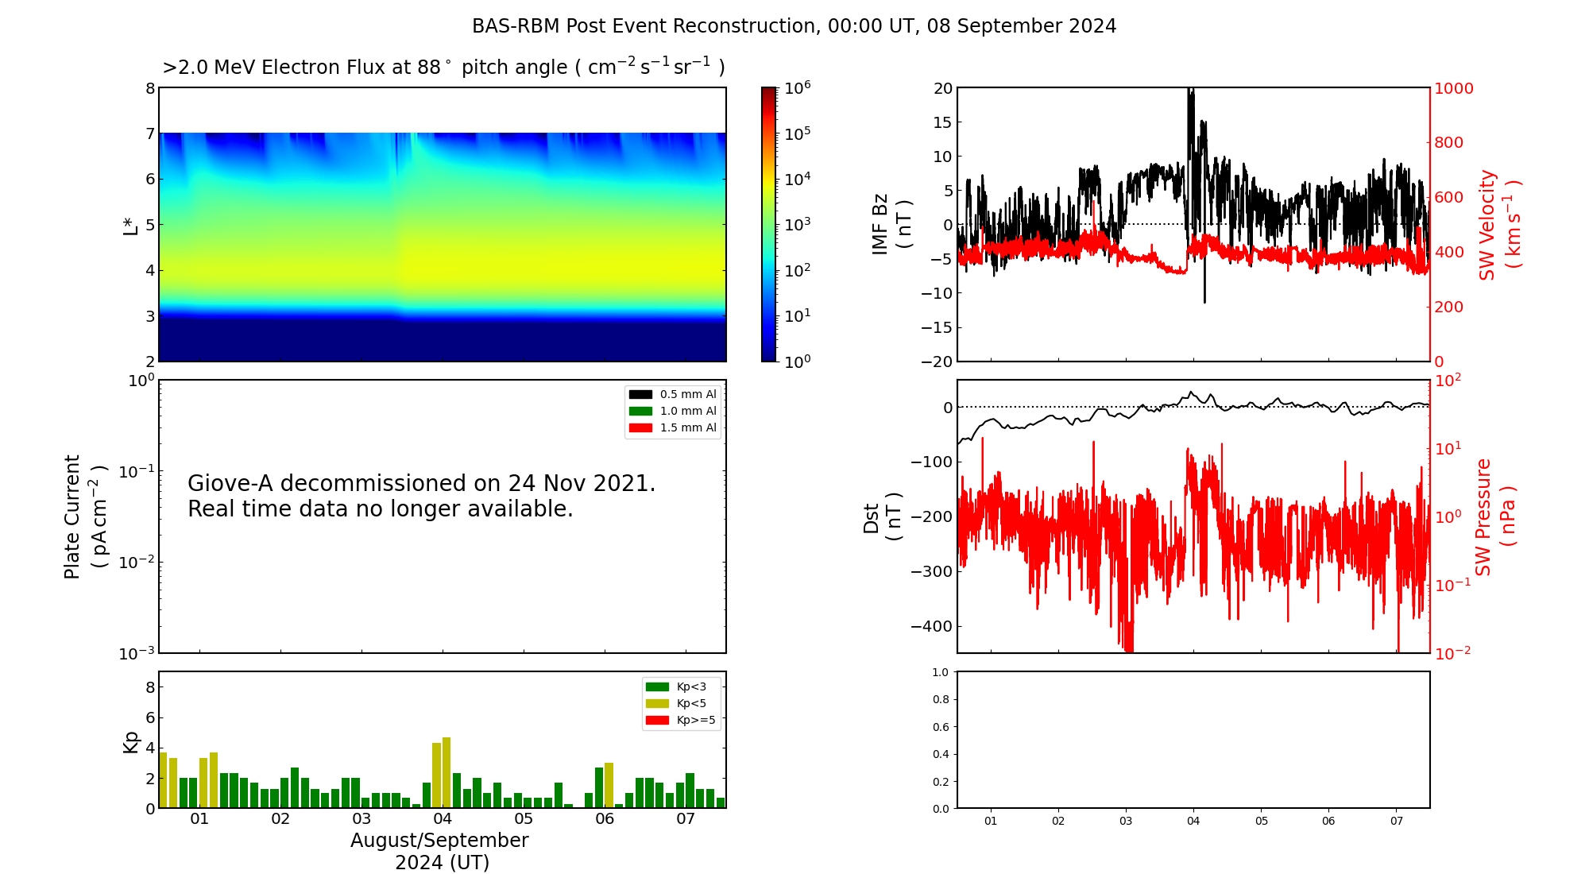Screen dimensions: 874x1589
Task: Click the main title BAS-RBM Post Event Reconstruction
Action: coord(794,26)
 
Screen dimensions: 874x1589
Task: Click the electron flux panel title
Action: coord(443,68)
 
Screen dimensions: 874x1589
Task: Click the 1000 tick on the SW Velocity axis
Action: coord(1453,88)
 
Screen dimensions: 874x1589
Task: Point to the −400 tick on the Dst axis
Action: coord(930,626)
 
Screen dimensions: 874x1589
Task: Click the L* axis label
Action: coord(130,225)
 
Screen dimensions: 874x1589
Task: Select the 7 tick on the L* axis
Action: coord(149,133)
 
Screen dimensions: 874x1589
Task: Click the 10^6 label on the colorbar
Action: coord(798,87)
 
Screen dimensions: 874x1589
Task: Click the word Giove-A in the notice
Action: coord(230,483)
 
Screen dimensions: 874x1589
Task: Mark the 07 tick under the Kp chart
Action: coord(686,818)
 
